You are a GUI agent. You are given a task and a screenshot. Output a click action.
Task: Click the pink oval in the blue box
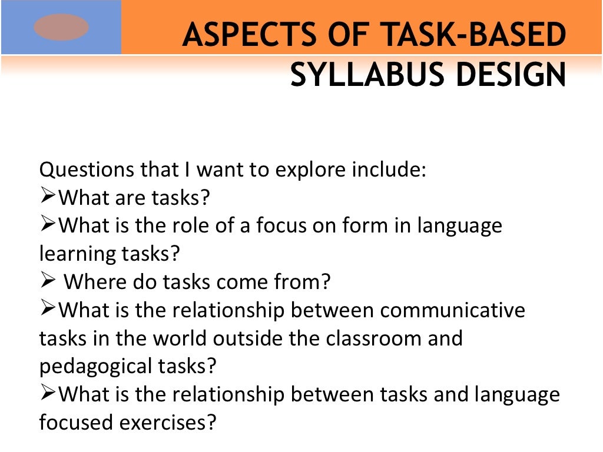coord(61,28)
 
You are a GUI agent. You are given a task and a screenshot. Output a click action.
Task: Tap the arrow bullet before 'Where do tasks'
coord(48,281)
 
